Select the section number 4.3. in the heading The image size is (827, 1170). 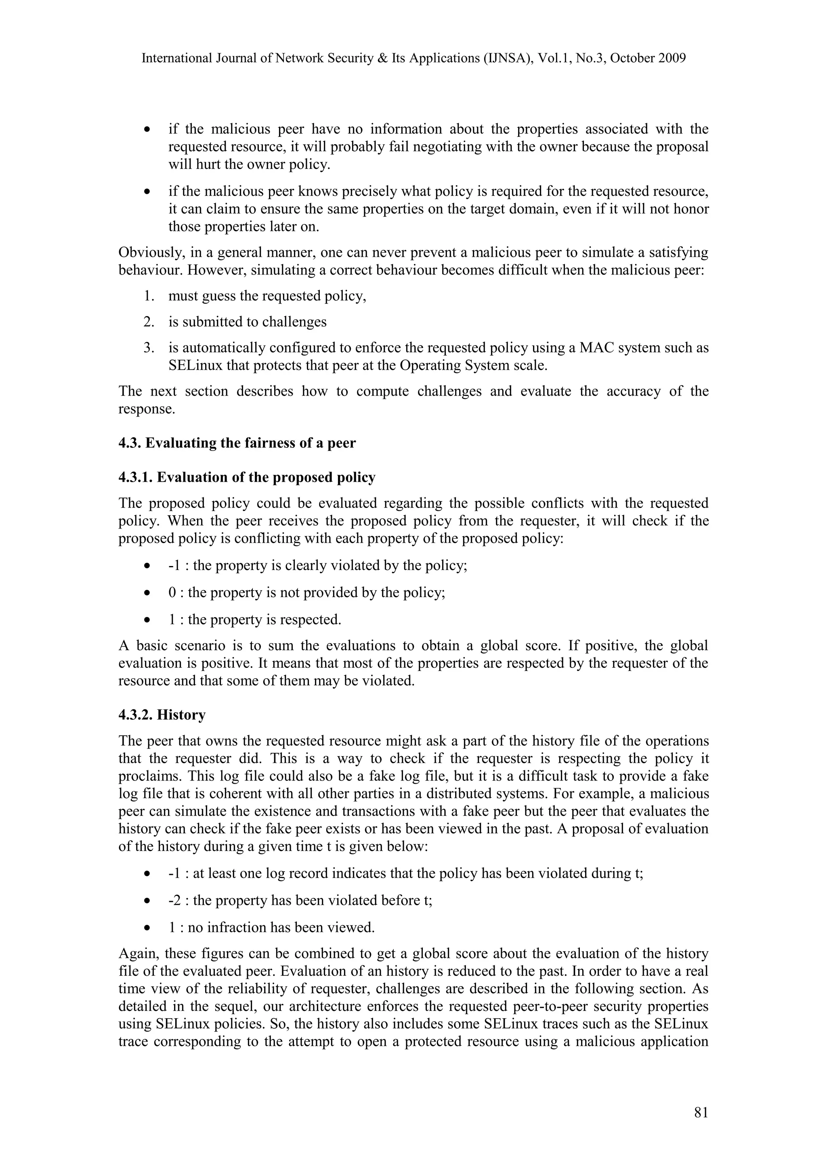[130, 443]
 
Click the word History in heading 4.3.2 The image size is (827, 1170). [181, 715]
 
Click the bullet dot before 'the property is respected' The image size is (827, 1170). [147, 620]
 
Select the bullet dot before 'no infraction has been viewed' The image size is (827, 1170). [147, 927]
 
